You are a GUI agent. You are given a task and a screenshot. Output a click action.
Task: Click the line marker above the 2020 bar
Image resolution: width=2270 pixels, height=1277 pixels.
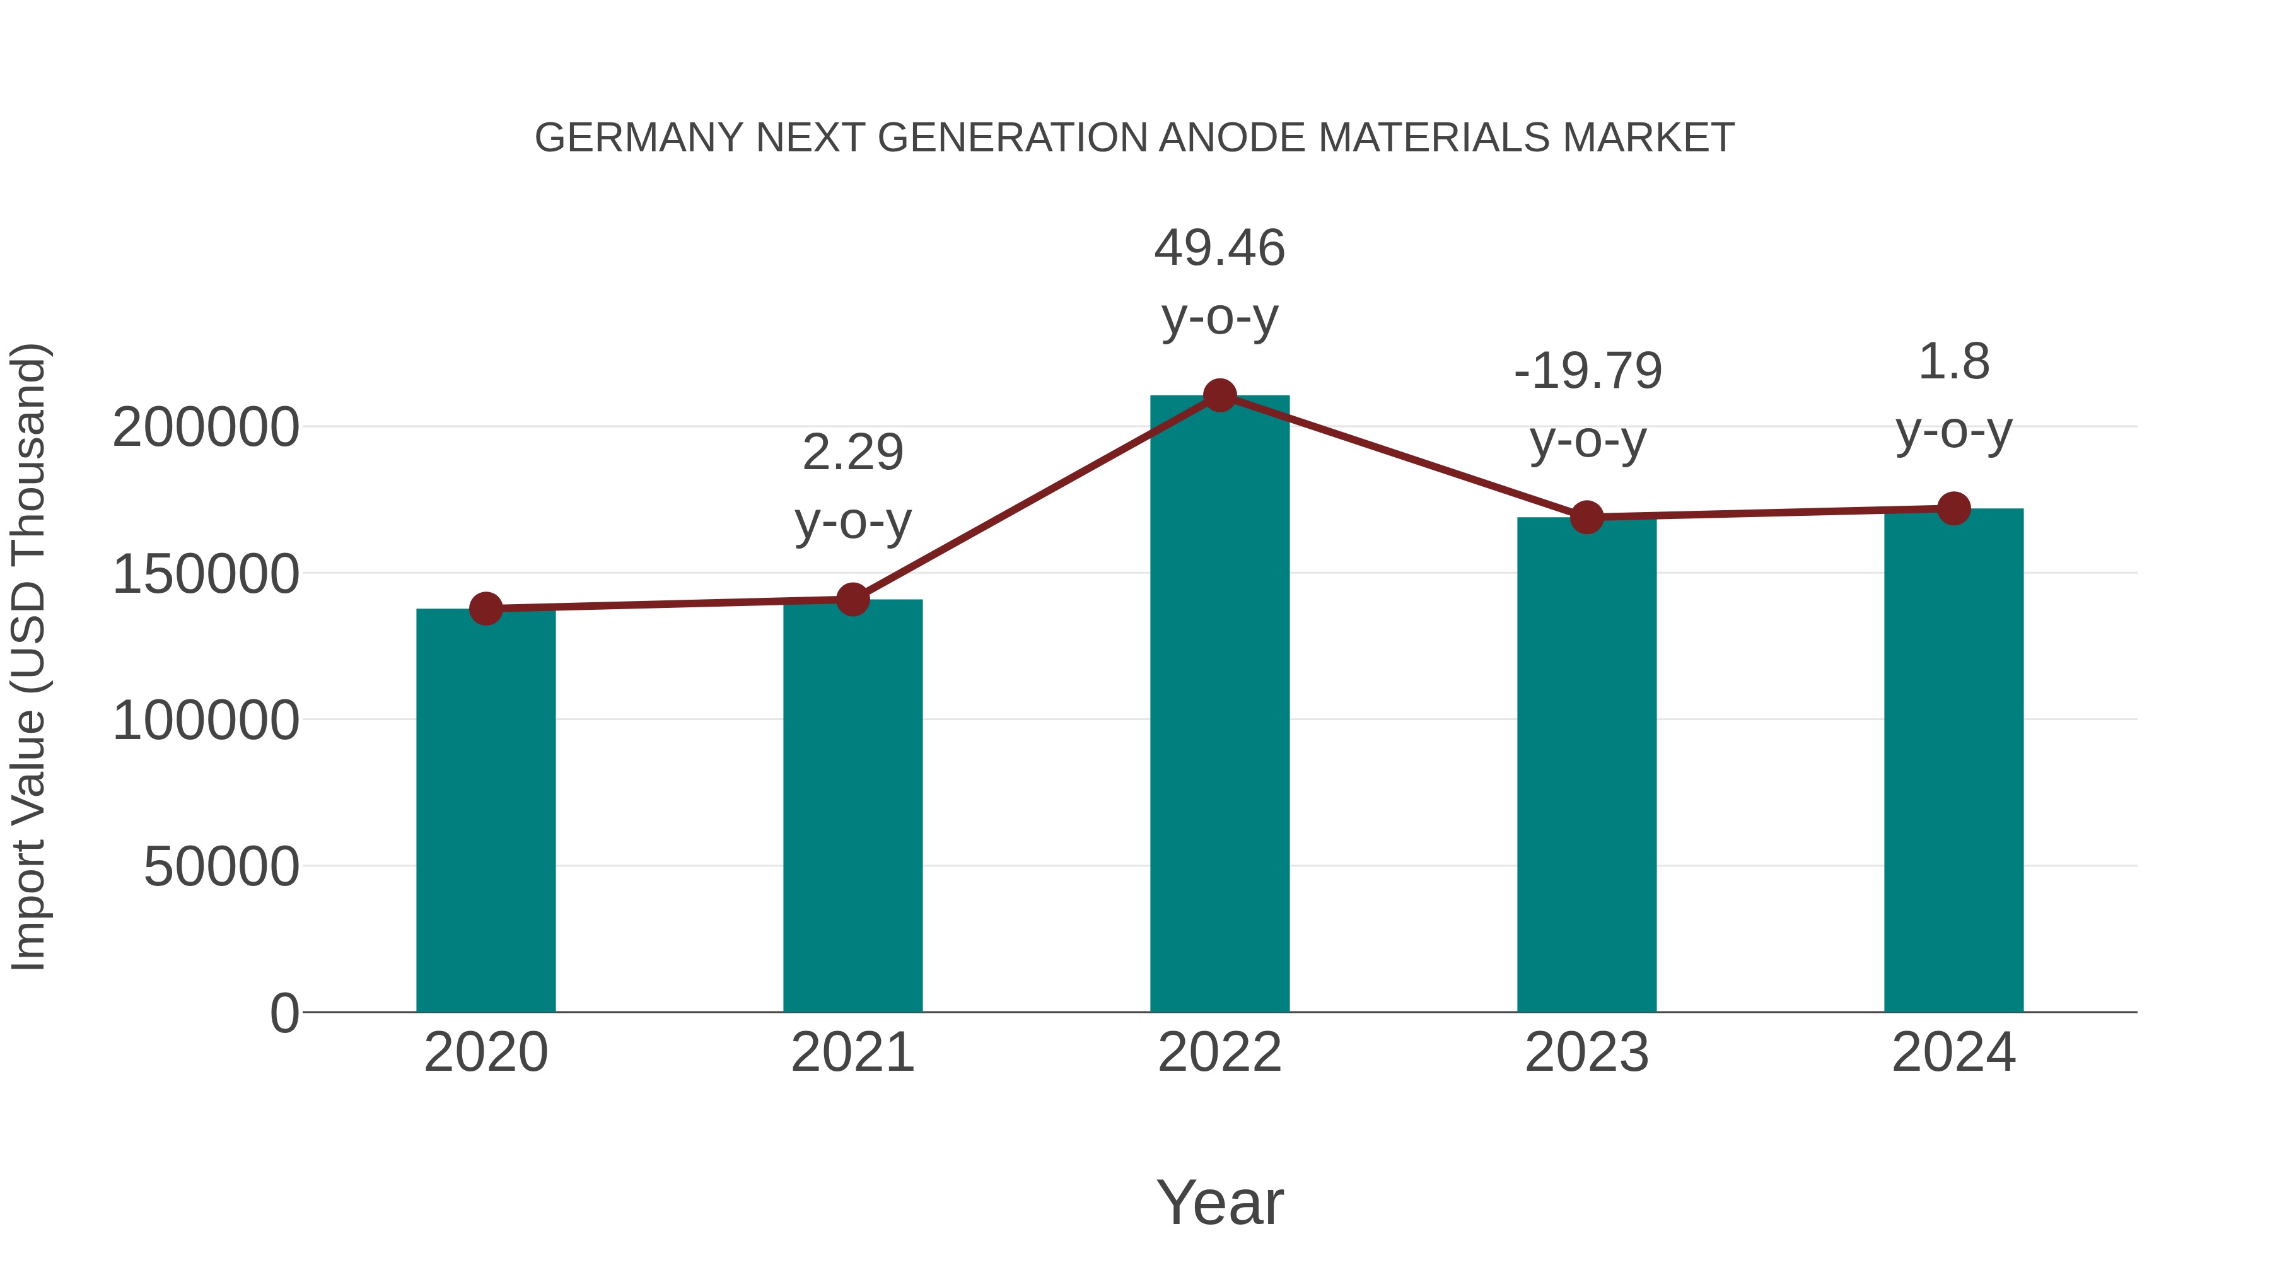click(x=486, y=608)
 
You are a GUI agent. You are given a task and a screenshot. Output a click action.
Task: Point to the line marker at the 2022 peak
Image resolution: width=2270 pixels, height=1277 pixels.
click(x=1219, y=395)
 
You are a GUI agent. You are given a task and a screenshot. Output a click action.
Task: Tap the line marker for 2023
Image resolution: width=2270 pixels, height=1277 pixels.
click(x=1586, y=517)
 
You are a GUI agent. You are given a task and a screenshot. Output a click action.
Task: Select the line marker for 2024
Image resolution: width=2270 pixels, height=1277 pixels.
click(x=1953, y=508)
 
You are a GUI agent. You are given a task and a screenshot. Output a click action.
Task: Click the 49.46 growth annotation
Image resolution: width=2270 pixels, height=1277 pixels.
click(x=1219, y=248)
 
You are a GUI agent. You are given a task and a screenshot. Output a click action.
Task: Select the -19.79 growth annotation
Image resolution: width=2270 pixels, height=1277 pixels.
click(x=1588, y=370)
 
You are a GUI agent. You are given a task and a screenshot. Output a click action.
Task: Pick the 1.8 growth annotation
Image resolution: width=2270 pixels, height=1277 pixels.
click(x=1953, y=362)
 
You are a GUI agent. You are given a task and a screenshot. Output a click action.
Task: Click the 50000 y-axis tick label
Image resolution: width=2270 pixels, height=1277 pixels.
click(x=221, y=867)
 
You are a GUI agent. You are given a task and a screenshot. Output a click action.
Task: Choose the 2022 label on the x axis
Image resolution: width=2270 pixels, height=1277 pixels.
click(x=1219, y=1053)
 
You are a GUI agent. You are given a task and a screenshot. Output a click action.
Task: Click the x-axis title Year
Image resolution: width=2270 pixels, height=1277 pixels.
click(x=1219, y=1202)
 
